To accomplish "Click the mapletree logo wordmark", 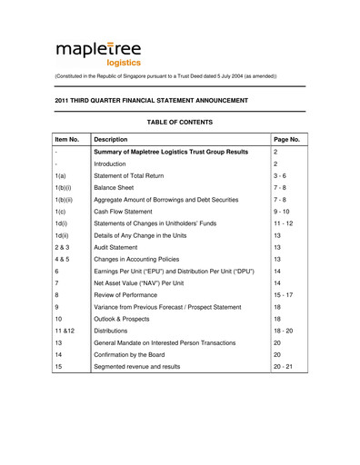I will click(x=98, y=50).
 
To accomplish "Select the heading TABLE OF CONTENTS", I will click(x=179, y=122).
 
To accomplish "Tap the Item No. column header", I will click(x=69, y=139).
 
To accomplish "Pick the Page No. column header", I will click(x=287, y=139).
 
